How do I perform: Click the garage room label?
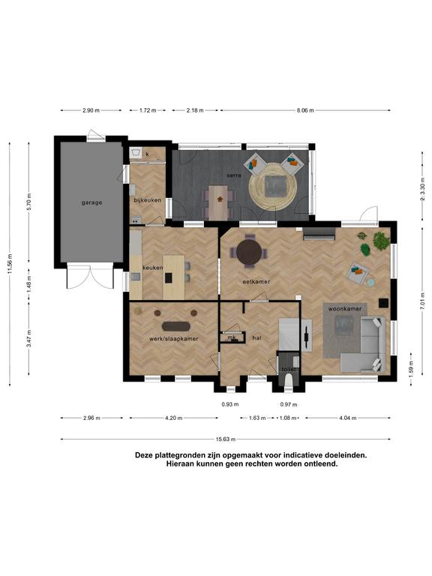point(91,202)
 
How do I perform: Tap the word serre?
point(234,175)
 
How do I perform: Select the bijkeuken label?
point(147,200)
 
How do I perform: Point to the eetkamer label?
point(256,282)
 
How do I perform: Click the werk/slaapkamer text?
point(173,339)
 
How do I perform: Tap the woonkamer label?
point(344,309)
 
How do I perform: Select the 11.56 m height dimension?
point(10,264)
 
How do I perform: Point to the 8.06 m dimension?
point(305,110)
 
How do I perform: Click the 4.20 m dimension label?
point(174,418)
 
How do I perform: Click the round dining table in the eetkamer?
point(250,252)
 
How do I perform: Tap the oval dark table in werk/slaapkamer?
point(176,326)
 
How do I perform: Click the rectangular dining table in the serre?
point(218,202)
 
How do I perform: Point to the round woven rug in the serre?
point(272,187)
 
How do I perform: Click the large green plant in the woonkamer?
point(382,241)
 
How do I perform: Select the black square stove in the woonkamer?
point(383,303)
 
